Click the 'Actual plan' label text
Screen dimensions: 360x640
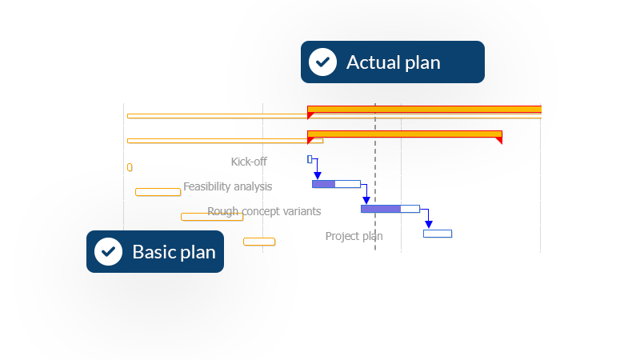pos(393,62)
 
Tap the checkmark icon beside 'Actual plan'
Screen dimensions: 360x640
pos(322,62)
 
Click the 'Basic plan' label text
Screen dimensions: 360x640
pos(174,252)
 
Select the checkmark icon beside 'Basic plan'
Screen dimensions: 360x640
pos(108,251)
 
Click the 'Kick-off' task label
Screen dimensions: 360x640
pos(249,162)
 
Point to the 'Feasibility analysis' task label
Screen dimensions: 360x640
pos(227,186)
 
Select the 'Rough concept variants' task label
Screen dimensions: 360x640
pos(264,211)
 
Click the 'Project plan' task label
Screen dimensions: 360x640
pos(354,236)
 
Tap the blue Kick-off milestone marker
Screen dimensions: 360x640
pos(310,159)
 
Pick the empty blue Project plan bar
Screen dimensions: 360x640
pos(438,234)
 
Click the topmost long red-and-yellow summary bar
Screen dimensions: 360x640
pos(424,109)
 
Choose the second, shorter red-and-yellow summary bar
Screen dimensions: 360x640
pos(404,134)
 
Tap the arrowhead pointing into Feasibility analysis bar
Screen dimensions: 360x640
pos(318,175)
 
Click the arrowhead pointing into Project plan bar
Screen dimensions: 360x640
pos(429,225)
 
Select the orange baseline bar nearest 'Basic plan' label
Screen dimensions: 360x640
pos(259,242)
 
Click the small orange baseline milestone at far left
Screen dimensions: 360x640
pos(130,167)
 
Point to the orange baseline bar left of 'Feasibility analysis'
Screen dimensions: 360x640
pos(158,192)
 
